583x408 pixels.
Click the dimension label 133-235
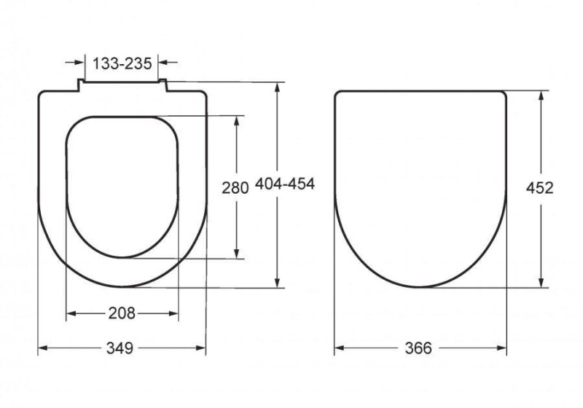tap(122, 63)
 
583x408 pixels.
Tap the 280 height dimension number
tap(235, 187)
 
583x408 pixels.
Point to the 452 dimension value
tap(540, 187)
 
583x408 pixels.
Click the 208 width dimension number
tap(122, 313)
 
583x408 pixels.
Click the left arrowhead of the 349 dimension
tap(42, 348)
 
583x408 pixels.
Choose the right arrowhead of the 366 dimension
tap(502, 348)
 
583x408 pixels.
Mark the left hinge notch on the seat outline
tap(78, 86)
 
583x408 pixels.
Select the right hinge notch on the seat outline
tap(165, 86)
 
